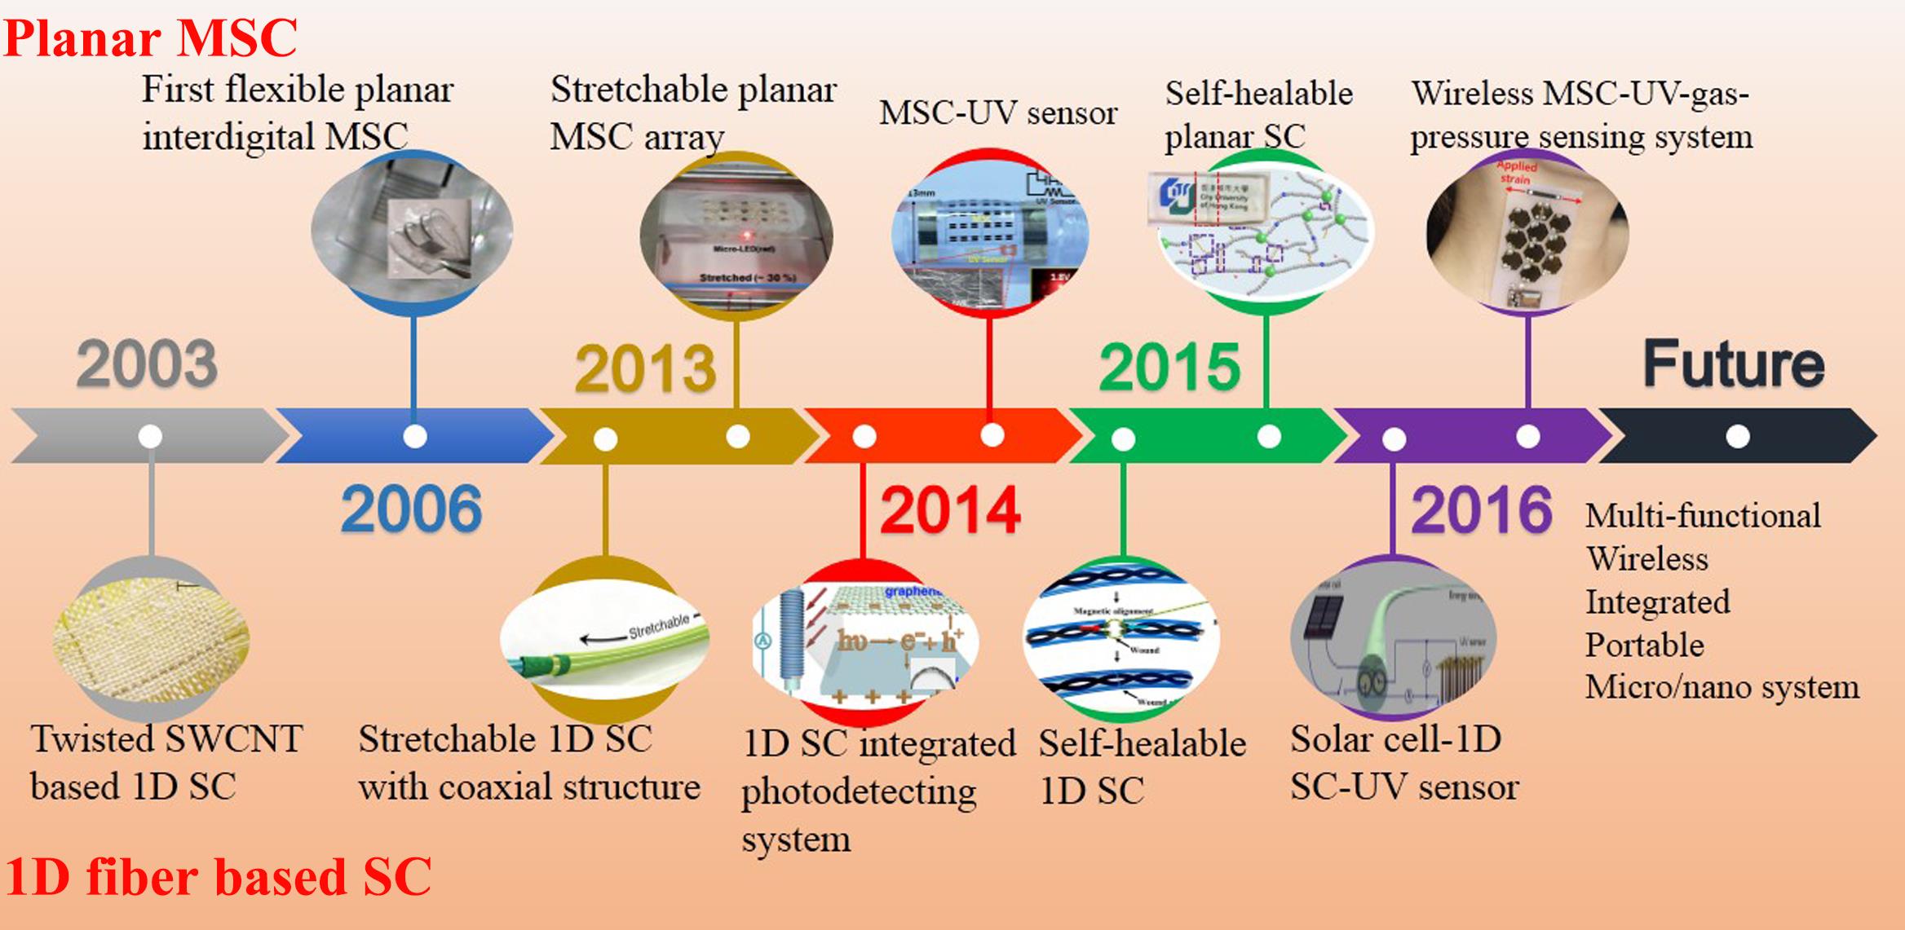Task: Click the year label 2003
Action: (x=147, y=364)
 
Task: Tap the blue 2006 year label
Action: (x=411, y=509)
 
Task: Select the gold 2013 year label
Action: (x=644, y=369)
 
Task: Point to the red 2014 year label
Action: (x=950, y=510)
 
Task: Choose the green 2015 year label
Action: (x=1169, y=368)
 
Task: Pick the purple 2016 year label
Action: (x=1481, y=510)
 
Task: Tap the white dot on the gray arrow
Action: (x=150, y=436)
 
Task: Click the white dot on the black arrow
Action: (x=1738, y=437)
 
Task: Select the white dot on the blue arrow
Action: (x=415, y=436)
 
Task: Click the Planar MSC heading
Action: (x=151, y=37)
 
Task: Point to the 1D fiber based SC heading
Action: (x=218, y=877)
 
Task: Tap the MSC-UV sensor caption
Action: (x=997, y=113)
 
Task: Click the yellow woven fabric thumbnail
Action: (x=151, y=637)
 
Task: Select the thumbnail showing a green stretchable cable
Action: (x=604, y=641)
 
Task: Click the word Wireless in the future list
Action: (x=1646, y=559)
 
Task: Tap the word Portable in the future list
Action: (x=1644, y=645)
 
